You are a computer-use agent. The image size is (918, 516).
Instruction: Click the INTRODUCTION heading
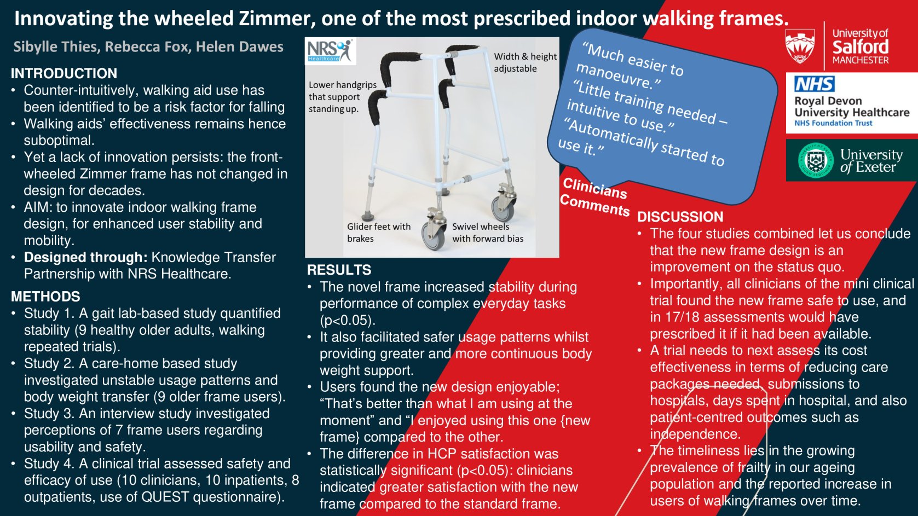(64, 73)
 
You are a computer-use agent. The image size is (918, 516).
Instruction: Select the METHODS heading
(45, 296)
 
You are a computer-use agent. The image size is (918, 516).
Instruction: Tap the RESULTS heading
(339, 270)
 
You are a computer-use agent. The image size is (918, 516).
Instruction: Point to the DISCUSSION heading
(680, 217)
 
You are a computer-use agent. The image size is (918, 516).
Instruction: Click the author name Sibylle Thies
(56, 47)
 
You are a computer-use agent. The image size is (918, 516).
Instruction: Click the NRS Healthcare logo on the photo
(330, 51)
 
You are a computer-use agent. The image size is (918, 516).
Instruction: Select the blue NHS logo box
(815, 84)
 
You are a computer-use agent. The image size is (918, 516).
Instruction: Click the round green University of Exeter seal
(816, 160)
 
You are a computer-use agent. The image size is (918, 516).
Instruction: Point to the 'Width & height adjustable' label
(525, 62)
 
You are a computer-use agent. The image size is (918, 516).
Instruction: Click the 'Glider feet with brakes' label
(379, 232)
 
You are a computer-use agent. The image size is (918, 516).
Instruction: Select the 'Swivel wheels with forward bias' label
(488, 232)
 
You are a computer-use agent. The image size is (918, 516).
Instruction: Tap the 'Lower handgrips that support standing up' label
(343, 97)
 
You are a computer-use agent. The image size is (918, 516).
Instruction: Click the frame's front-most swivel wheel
(434, 235)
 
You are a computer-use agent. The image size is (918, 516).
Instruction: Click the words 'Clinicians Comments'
(594, 197)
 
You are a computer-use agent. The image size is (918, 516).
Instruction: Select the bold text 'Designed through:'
(85, 257)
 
